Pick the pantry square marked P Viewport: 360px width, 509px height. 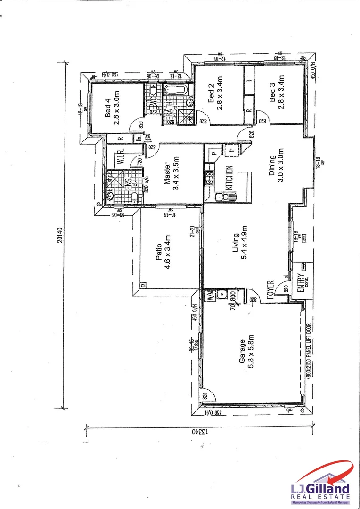click(213, 153)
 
